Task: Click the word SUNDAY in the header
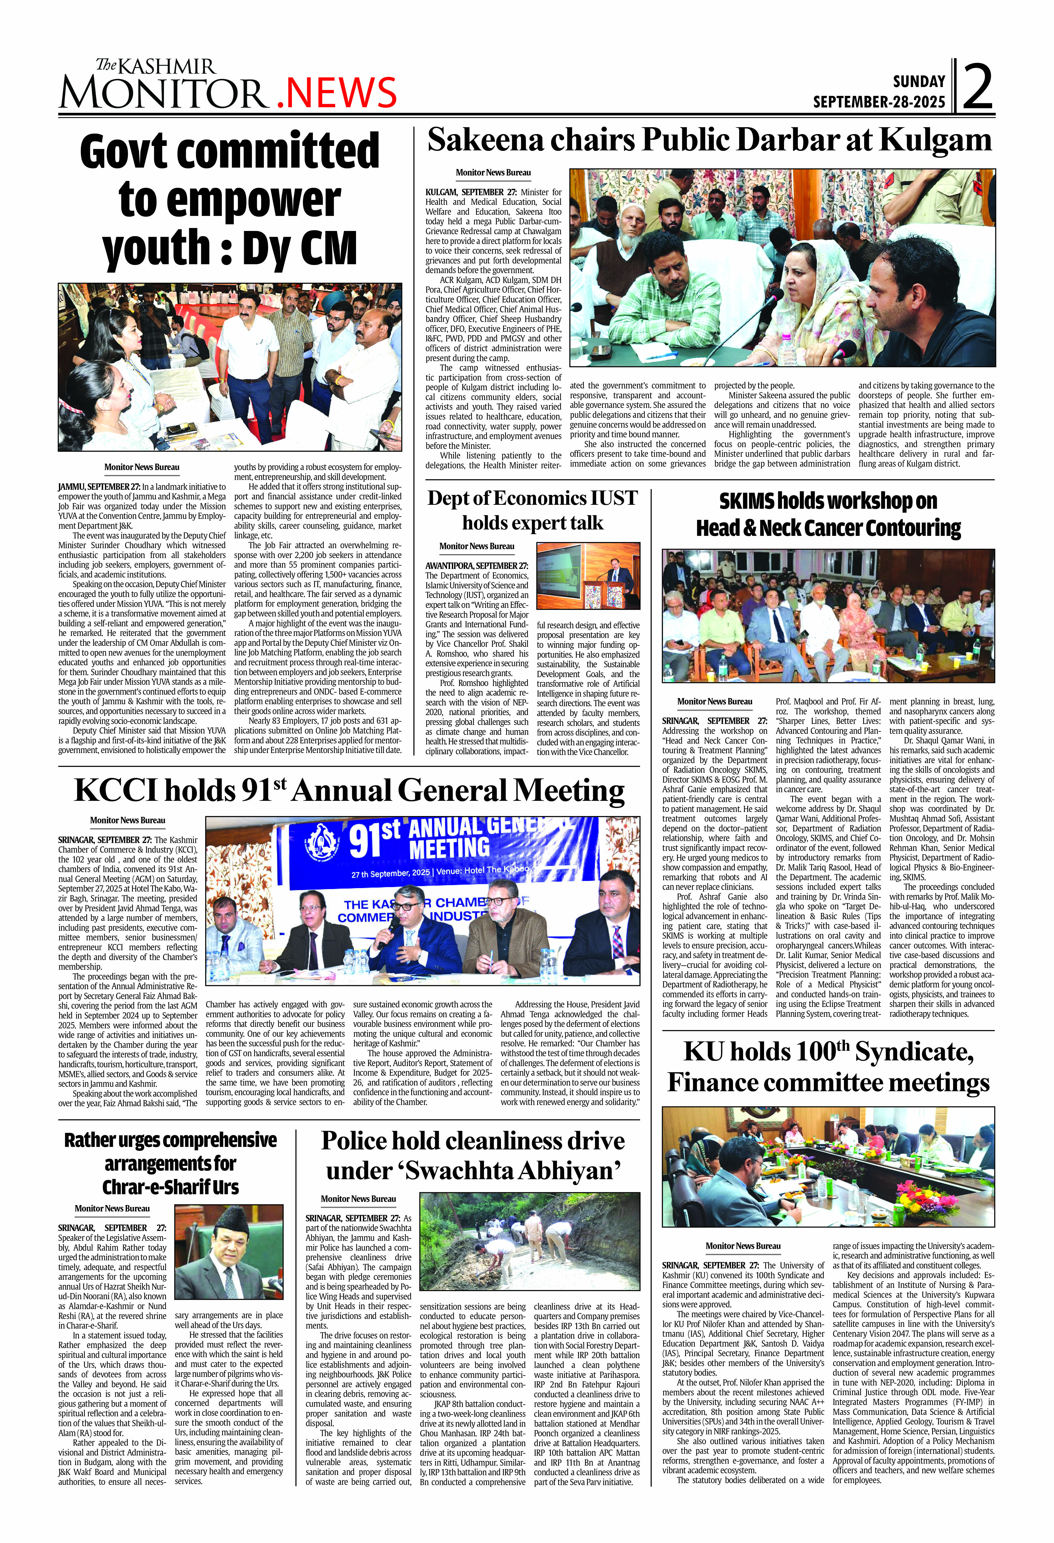(918, 82)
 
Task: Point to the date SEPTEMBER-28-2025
(879, 102)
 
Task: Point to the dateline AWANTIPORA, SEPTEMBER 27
(476, 566)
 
